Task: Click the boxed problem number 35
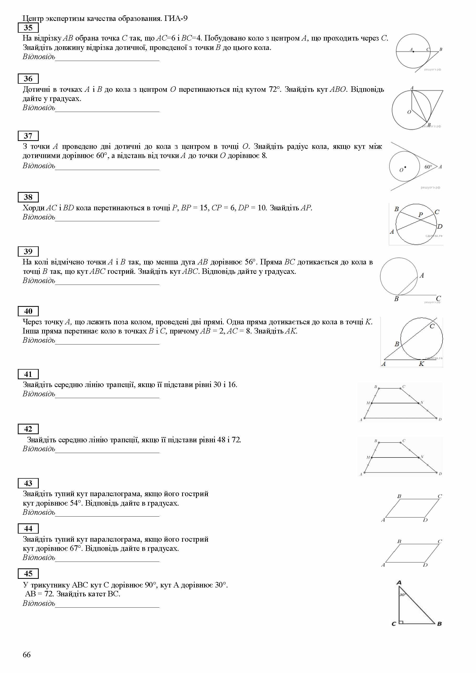coord(28,28)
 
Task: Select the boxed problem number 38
coord(28,197)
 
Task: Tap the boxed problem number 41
coord(28,374)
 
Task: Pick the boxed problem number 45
coord(28,574)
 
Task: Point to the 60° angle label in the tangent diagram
coord(428,167)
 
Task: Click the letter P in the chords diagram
coord(421,215)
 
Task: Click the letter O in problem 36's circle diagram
coord(409,112)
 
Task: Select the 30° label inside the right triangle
coord(402,595)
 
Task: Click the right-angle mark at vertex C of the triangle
coord(401,622)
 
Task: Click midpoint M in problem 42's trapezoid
coord(371,457)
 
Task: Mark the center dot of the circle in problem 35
coord(413,52)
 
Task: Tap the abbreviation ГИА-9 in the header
coord(176,19)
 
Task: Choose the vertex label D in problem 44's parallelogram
coord(425,565)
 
